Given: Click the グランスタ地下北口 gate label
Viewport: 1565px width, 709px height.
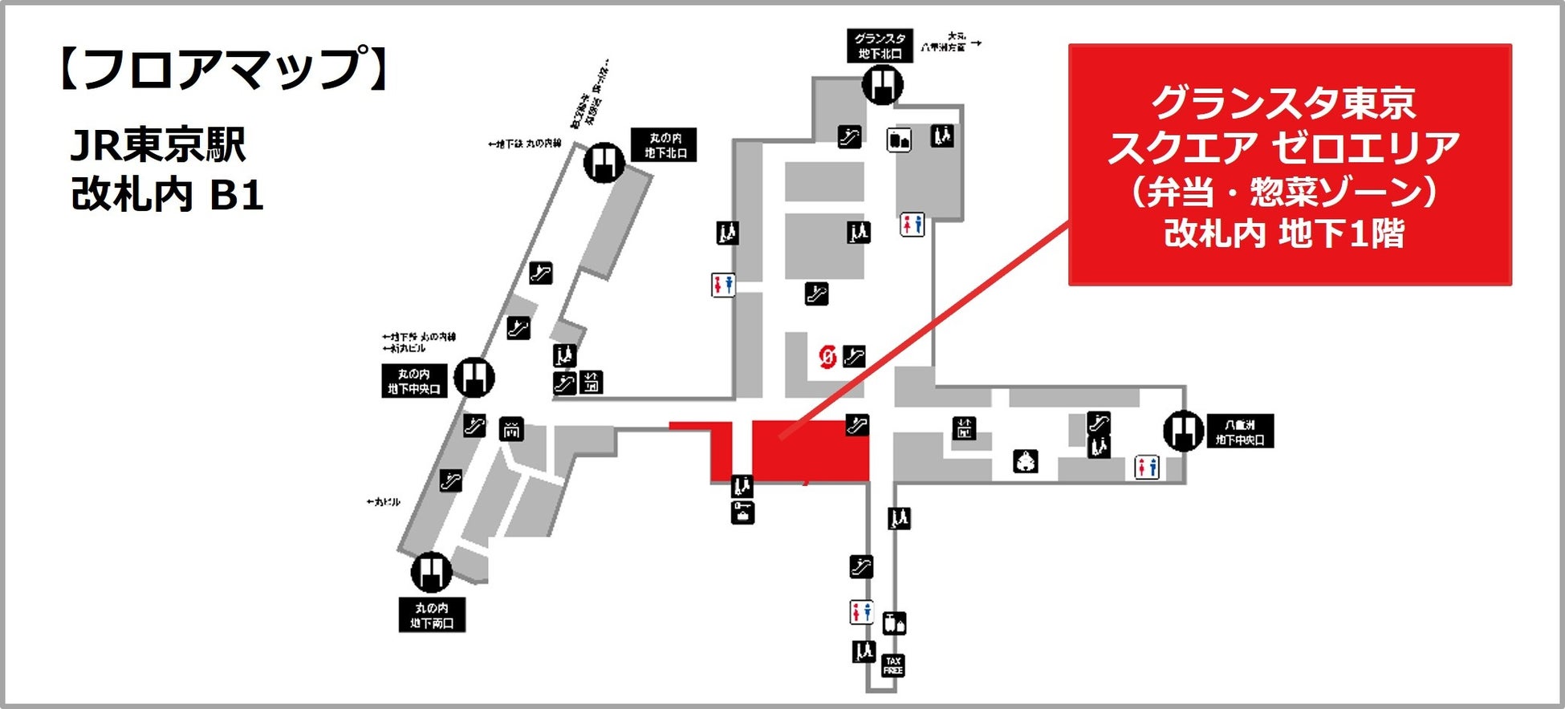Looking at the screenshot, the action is pyautogui.click(x=880, y=46).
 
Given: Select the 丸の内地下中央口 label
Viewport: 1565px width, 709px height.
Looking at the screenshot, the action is pyautogui.click(x=413, y=381).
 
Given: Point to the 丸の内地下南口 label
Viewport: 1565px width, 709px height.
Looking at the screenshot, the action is pyautogui.click(x=432, y=615).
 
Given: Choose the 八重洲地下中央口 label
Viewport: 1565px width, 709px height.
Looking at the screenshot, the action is pyautogui.click(x=1240, y=431).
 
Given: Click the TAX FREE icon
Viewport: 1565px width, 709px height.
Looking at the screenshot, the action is pyautogui.click(x=892, y=665).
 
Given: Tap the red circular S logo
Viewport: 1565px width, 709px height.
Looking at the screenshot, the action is pyautogui.click(x=827, y=356).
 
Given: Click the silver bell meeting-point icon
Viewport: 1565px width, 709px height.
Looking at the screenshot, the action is pyautogui.click(x=1026, y=461).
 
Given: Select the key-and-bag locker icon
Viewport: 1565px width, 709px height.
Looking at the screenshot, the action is pyautogui.click(x=742, y=512).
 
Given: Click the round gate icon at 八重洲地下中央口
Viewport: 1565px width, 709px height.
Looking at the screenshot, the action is pyautogui.click(x=1183, y=431).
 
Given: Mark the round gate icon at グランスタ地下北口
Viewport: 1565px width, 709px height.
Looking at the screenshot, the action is pyautogui.click(x=883, y=83).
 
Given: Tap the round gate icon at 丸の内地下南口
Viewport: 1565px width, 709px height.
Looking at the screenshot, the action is pyautogui.click(x=431, y=573).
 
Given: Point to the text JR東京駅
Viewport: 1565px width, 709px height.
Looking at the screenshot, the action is pyautogui.click(x=158, y=145).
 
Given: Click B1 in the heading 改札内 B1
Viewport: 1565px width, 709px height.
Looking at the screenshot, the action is pyautogui.click(x=237, y=196).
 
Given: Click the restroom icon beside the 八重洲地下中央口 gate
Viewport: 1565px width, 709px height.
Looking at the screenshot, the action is pyautogui.click(x=1146, y=466).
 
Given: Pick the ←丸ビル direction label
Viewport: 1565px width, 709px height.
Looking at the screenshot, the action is pyautogui.click(x=383, y=502).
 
